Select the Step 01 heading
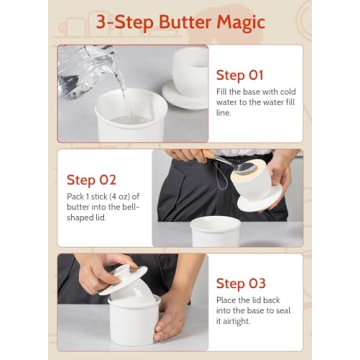pyautogui.click(x=241, y=75)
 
